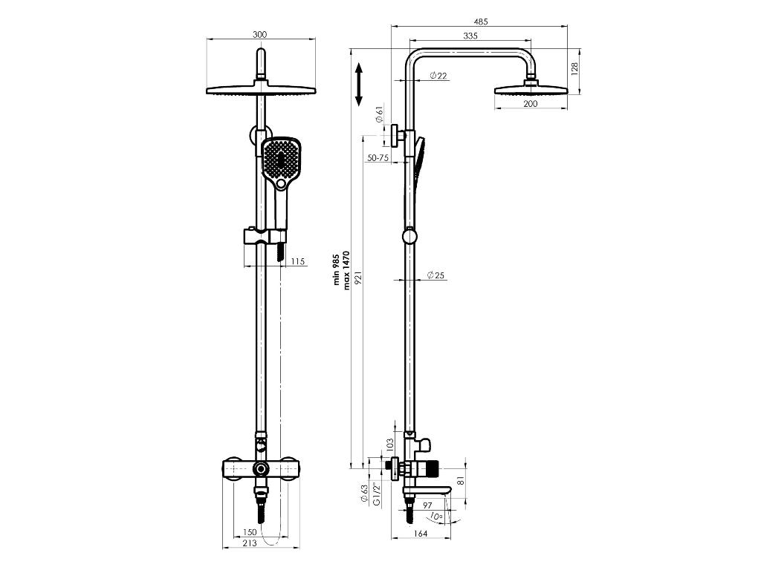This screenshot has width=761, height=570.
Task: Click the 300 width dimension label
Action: tap(259, 34)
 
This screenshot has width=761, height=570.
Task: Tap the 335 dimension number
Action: tap(470, 35)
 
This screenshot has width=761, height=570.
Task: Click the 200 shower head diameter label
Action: tap(530, 104)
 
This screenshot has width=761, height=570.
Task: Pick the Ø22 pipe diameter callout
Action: tap(438, 76)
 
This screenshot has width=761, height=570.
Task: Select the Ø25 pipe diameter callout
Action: tap(435, 275)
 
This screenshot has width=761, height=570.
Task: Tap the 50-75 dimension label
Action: tap(378, 157)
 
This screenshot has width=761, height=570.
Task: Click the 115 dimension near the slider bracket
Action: tap(298, 261)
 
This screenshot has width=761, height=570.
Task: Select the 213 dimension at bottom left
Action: tap(250, 544)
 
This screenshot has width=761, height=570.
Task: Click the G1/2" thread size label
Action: tap(376, 494)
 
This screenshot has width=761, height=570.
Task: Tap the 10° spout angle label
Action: tap(435, 516)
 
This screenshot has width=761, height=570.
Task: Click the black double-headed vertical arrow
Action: tap(358, 84)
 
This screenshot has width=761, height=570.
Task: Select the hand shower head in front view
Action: tap(280, 160)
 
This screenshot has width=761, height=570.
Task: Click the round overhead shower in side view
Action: tap(531, 90)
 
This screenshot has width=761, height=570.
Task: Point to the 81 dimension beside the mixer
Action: tap(460, 480)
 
